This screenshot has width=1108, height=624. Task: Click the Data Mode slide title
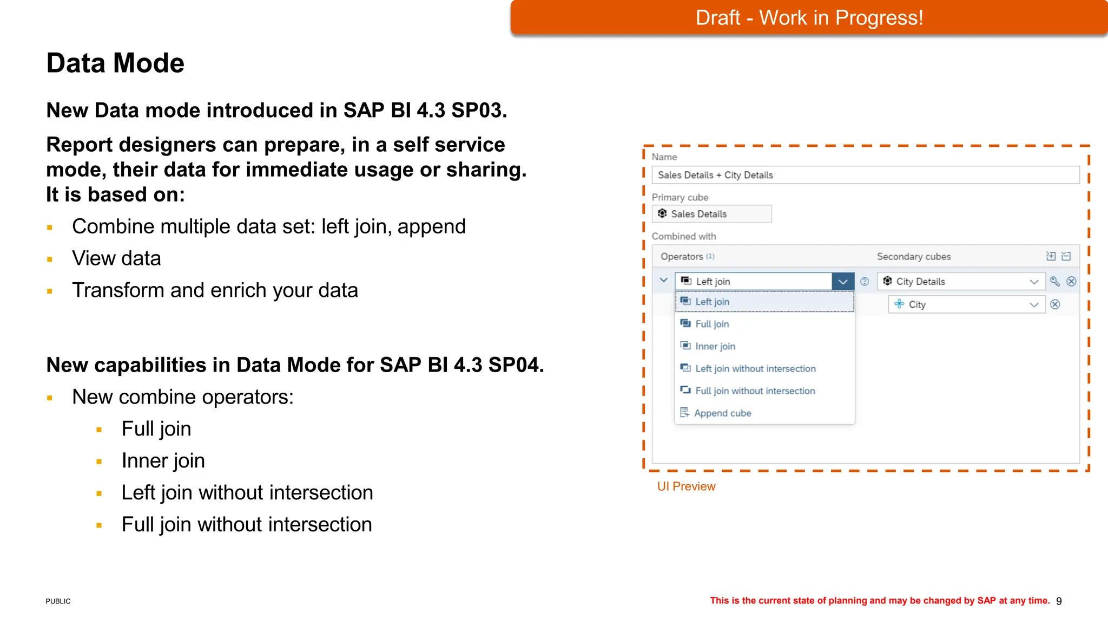pyautogui.click(x=115, y=63)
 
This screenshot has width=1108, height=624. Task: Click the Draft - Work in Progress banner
pyautogui.click(x=809, y=18)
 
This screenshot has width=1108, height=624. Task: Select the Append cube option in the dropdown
pyautogui.click(x=722, y=413)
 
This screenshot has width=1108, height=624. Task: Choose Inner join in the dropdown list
pyautogui.click(x=715, y=346)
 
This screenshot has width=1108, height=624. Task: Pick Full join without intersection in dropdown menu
pyautogui.click(x=755, y=391)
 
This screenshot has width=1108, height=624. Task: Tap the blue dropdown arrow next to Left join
pyautogui.click(x=842, y=282)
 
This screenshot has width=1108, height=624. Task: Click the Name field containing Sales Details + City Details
pyautogui.click(x=865, y=175)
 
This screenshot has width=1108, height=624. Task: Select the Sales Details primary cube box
pyautogui.click(x=711, y=214)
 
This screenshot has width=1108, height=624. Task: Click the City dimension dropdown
pyautogui.click(x=966, y=304)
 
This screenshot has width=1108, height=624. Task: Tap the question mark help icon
pyautogui.click(x=865, y=282)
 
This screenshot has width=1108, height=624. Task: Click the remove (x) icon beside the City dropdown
pyautogui.click(x=1055, y=304)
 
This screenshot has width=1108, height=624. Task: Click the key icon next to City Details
pyautogui.click(x=1054, y=281)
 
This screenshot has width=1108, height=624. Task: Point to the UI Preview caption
pyautogui.click(x=686, y=486)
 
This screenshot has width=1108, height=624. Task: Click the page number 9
pyautogui.click(x=1059, y=601)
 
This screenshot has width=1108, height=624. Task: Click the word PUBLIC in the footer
pyautogui.click(x=58, y=601)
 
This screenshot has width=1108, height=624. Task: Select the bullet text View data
pyautogui.click(x=116, y=258)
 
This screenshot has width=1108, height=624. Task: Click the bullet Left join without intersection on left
pyautogui.click(x=247, y=493)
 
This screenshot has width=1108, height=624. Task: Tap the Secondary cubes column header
pyautogui.click(x=913, y=257)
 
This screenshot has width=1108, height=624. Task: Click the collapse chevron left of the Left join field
pyautogui.click(x=663, y=281)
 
